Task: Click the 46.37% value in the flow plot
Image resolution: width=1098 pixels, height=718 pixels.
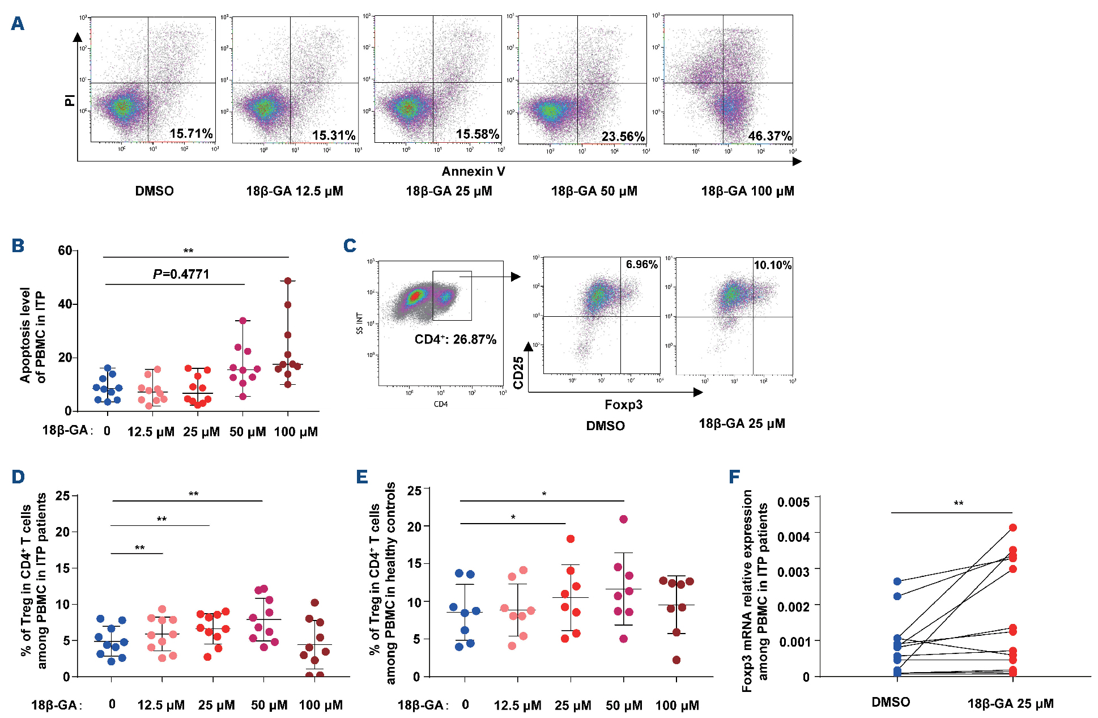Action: point(769,136)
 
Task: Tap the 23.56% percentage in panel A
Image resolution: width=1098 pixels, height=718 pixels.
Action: point(623,137)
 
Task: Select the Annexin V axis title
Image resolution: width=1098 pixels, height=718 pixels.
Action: point(473,171)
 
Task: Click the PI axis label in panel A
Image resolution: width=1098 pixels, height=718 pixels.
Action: point(70,101)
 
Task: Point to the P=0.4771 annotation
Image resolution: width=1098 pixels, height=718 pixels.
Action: point(181,274)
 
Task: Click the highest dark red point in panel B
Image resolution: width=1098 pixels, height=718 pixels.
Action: point(288,281)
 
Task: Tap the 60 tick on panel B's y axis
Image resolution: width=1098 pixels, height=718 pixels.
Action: point(65,250)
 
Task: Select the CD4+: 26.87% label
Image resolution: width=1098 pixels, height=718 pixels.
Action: point(455,339)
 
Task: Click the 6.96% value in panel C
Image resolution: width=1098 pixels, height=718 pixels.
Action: point(641,265)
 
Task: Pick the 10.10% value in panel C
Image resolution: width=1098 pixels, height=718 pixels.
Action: point(772,265)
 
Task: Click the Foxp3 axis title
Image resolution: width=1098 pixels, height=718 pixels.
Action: point(623,405)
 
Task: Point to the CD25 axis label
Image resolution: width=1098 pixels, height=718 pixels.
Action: point(518,373)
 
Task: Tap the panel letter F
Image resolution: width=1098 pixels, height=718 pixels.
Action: point(734,477)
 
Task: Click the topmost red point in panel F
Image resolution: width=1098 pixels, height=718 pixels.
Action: point(1012,528)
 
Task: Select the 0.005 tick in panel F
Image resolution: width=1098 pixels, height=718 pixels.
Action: point(793,502)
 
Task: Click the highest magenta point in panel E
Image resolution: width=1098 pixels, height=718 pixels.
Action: point(624,519)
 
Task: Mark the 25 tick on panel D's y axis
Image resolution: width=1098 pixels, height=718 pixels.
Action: point(62,496)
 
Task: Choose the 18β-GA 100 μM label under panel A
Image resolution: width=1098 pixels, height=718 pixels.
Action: point(747,191)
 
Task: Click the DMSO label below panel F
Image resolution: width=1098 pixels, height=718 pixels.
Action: point(891,703)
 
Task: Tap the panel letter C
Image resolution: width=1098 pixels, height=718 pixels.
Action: point(350,245)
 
